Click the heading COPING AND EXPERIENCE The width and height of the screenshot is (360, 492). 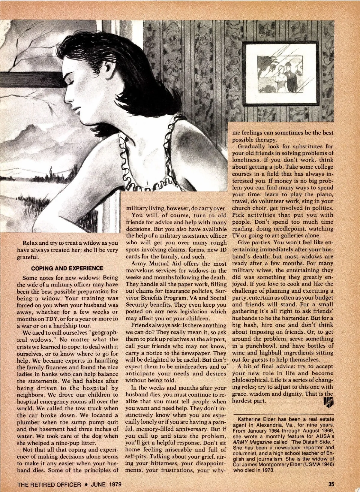[67, 268]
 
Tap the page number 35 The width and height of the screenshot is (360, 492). [331, 484]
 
